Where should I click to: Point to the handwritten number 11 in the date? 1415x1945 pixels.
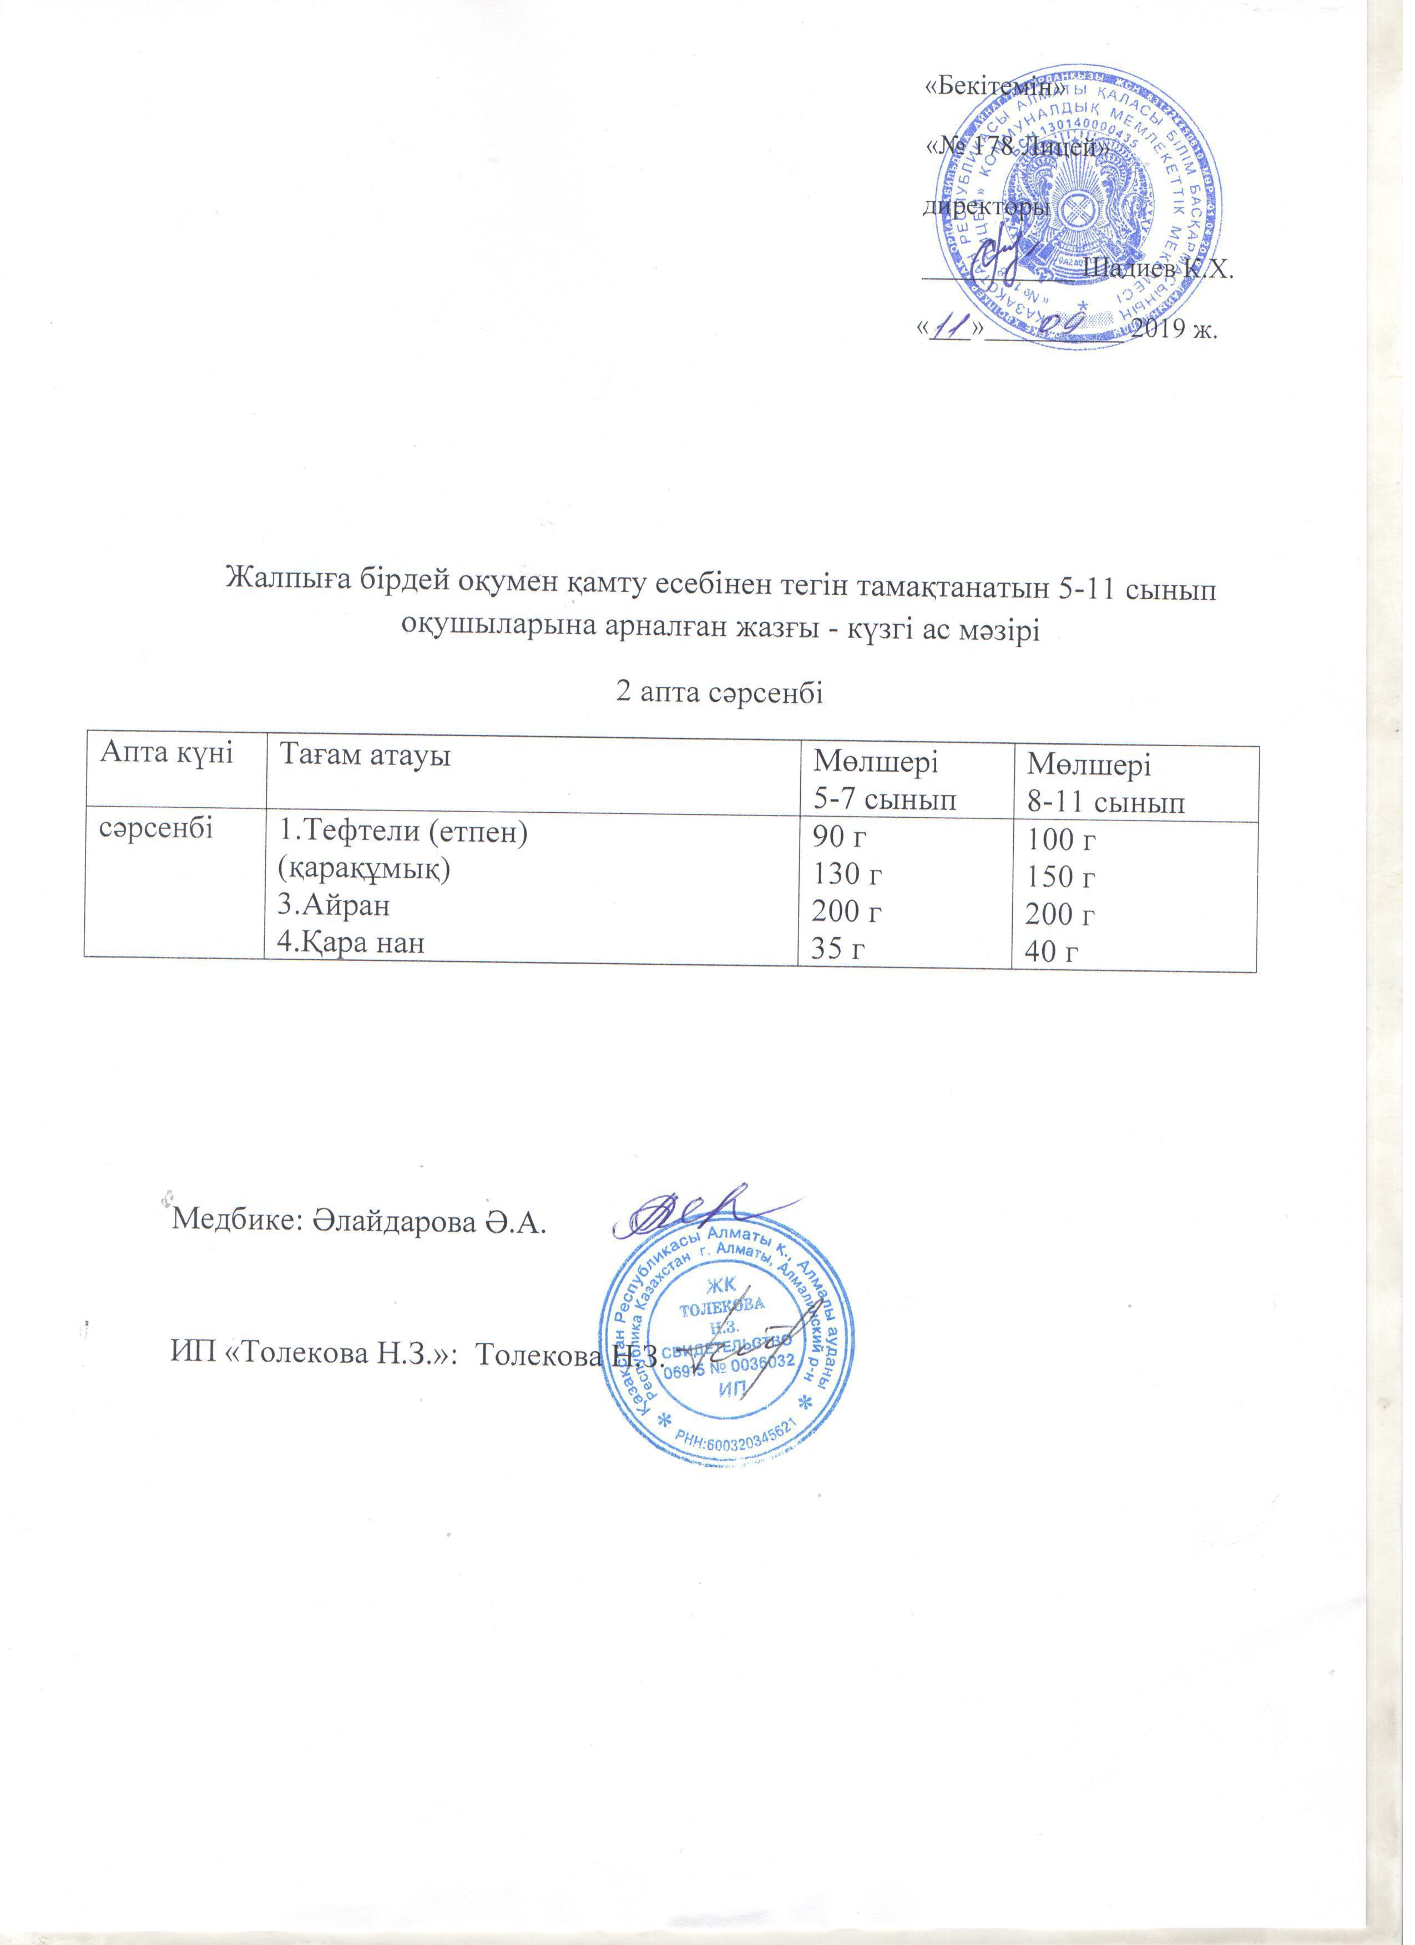[949, 328]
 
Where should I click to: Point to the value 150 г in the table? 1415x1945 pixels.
[1063, 877]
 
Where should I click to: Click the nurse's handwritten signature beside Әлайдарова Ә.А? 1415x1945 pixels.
[685, 1209]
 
